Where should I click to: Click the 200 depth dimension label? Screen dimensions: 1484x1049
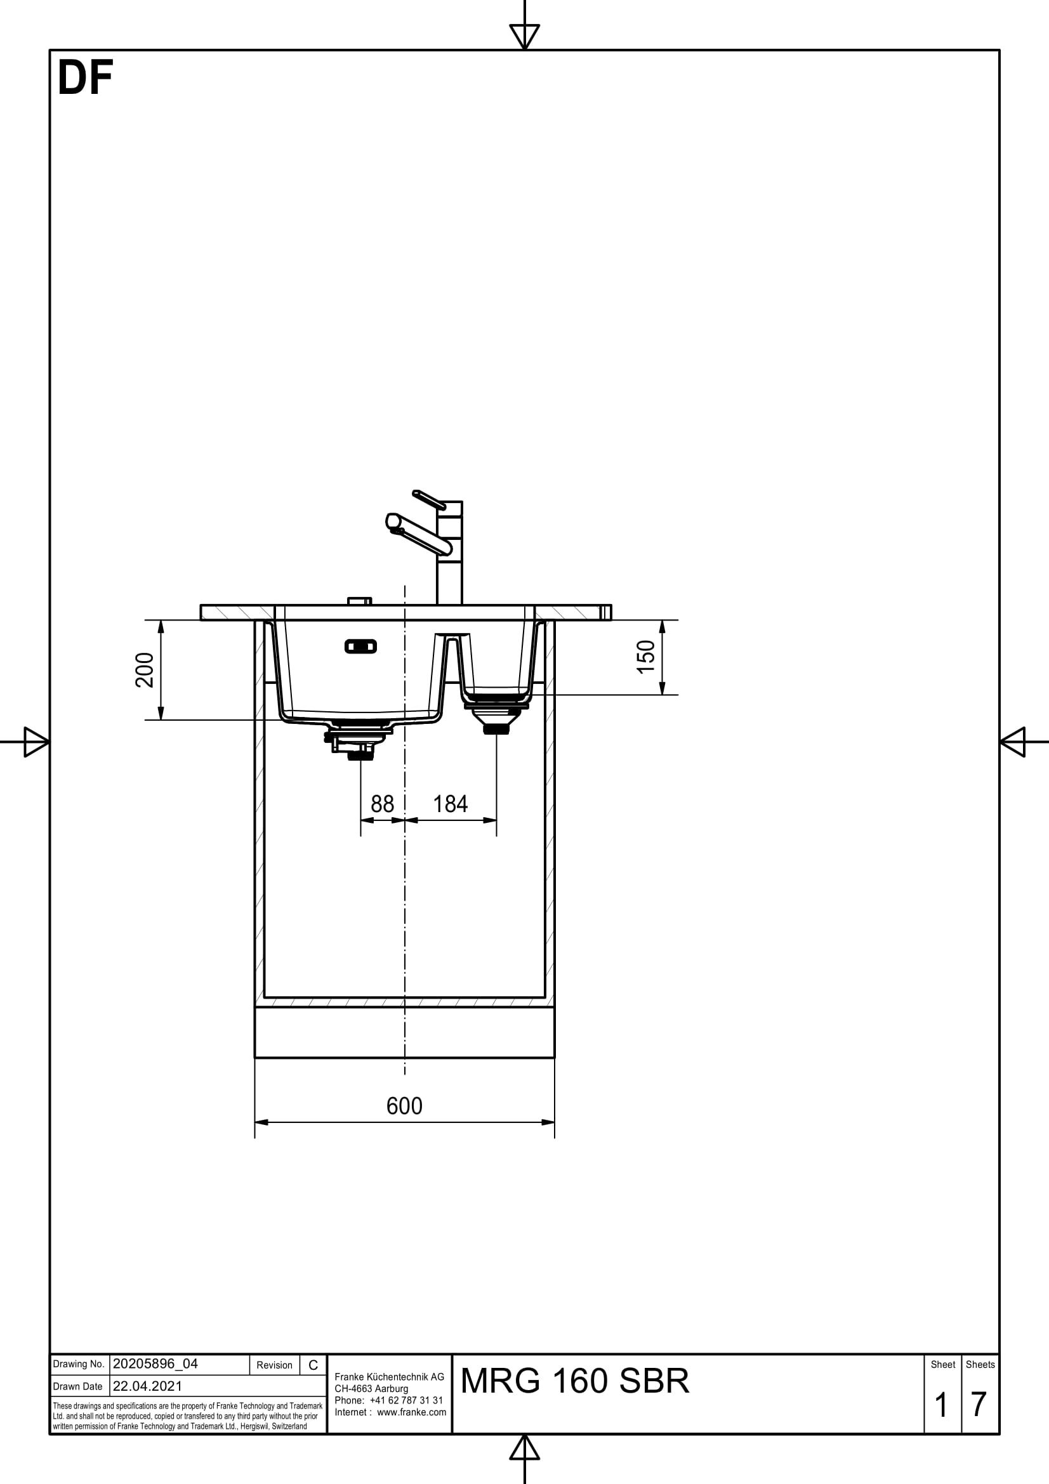(145, 669)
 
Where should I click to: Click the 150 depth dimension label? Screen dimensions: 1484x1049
(645, 657)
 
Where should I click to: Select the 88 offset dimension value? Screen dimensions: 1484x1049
(382, 804)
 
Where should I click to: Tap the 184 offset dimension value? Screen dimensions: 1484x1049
(450, 804)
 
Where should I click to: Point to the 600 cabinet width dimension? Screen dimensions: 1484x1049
(404, 1106)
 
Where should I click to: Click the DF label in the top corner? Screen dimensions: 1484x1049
(84, 78)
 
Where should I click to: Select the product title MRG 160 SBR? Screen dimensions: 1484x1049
(574, 1381)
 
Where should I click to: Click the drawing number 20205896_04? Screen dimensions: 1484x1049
(155, 1364)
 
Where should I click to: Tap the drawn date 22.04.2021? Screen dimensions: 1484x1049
(147, 1386)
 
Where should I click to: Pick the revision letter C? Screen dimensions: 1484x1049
(313, 1365)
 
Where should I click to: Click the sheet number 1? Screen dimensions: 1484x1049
(941, 1405)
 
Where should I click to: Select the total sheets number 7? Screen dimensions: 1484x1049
(979, 1405)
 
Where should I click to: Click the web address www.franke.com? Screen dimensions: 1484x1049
(411, 1412)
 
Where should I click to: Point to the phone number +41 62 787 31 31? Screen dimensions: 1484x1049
(406, 1400)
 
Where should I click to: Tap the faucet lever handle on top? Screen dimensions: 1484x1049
(428, 499)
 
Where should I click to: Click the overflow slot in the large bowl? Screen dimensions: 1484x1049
(360, 646)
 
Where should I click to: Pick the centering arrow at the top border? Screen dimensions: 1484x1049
(524, 36)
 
